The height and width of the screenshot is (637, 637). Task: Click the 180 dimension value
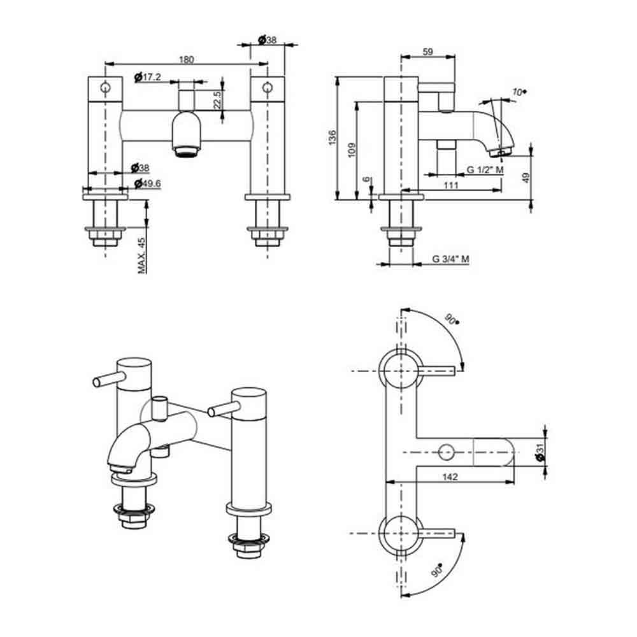click(x=187, y=60)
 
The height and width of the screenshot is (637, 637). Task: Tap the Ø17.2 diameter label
click(x=148, y=77)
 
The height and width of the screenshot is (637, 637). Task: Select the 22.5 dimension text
click(x=217, y=99)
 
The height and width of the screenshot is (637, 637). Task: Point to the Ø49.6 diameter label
click(x=148, y=183)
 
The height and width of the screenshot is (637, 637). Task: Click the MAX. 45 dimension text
click(x=141, y=255)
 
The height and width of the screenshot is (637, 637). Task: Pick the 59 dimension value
click(x=428, y=52)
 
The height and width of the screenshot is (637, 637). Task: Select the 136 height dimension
click(x=333, y=138)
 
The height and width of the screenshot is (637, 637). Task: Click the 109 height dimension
click(x=352, y=150)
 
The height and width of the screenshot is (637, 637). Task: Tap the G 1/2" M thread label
click(x=485, y=169)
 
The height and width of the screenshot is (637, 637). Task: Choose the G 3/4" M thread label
click(x=450, y=259)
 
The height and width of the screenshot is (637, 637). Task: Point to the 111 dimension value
click(x=451, y=185)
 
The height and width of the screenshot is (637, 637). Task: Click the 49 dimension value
click(x=526, y=178)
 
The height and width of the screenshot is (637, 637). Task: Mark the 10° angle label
click(x=519, y=92)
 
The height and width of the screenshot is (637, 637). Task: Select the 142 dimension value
click(x=450, y=476)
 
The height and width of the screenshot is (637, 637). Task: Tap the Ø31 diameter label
click(x=540, y=452)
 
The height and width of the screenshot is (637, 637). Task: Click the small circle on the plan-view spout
click(x=446, y=452)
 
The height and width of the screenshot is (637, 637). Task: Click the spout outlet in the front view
click(x=186, y=152)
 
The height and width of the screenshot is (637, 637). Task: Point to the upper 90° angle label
click(x=452, y=319)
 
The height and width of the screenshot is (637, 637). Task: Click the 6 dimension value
click(x=367, y=179)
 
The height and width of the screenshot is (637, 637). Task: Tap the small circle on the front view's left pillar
click(x=105, y=87)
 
